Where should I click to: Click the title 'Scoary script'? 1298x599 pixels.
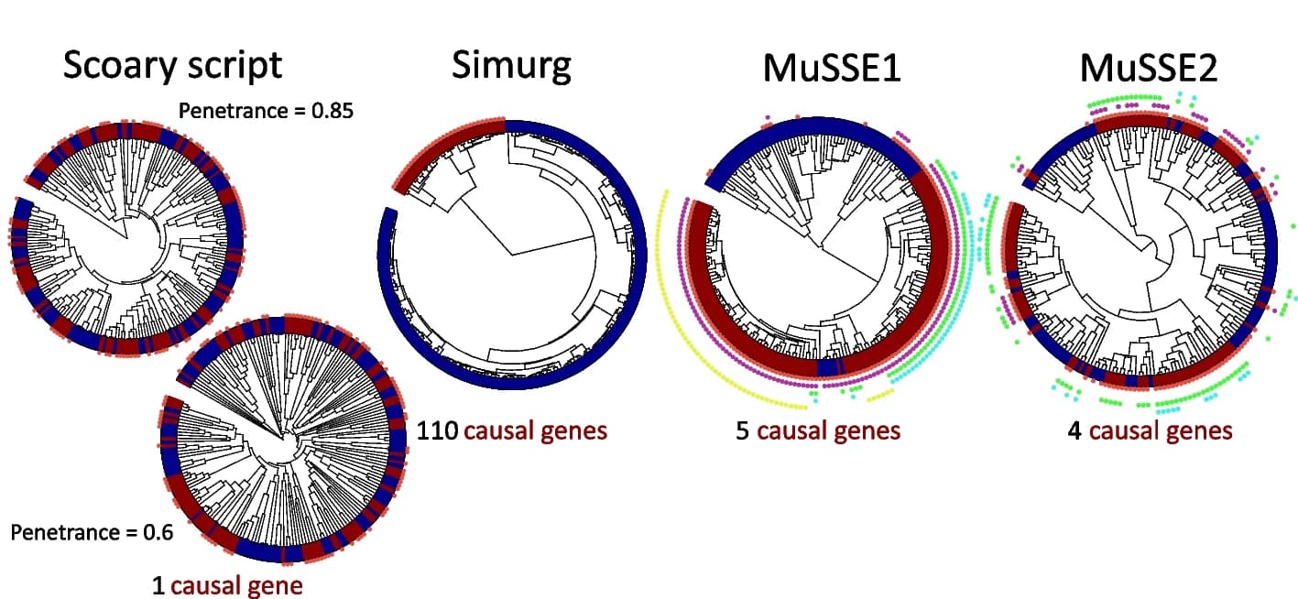[172, 66]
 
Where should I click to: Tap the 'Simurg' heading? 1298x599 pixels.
[511, 66]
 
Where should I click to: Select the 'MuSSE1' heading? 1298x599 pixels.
[832, 68]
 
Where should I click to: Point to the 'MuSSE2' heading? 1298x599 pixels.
[1149, 68]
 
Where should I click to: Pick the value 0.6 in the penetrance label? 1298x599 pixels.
[158, 532]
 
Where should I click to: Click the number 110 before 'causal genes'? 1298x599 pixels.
[438, 431]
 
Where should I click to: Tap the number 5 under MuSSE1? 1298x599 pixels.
[742, 431]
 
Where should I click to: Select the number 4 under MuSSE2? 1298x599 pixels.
[1074, 431]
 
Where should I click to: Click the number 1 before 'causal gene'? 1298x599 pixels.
[158, 585]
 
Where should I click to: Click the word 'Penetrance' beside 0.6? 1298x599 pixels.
[65, 532]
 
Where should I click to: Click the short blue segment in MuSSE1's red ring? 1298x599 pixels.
[829, 368]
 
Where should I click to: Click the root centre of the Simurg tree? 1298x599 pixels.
[512, 255]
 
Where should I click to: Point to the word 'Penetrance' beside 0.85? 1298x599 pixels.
[233, 111]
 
